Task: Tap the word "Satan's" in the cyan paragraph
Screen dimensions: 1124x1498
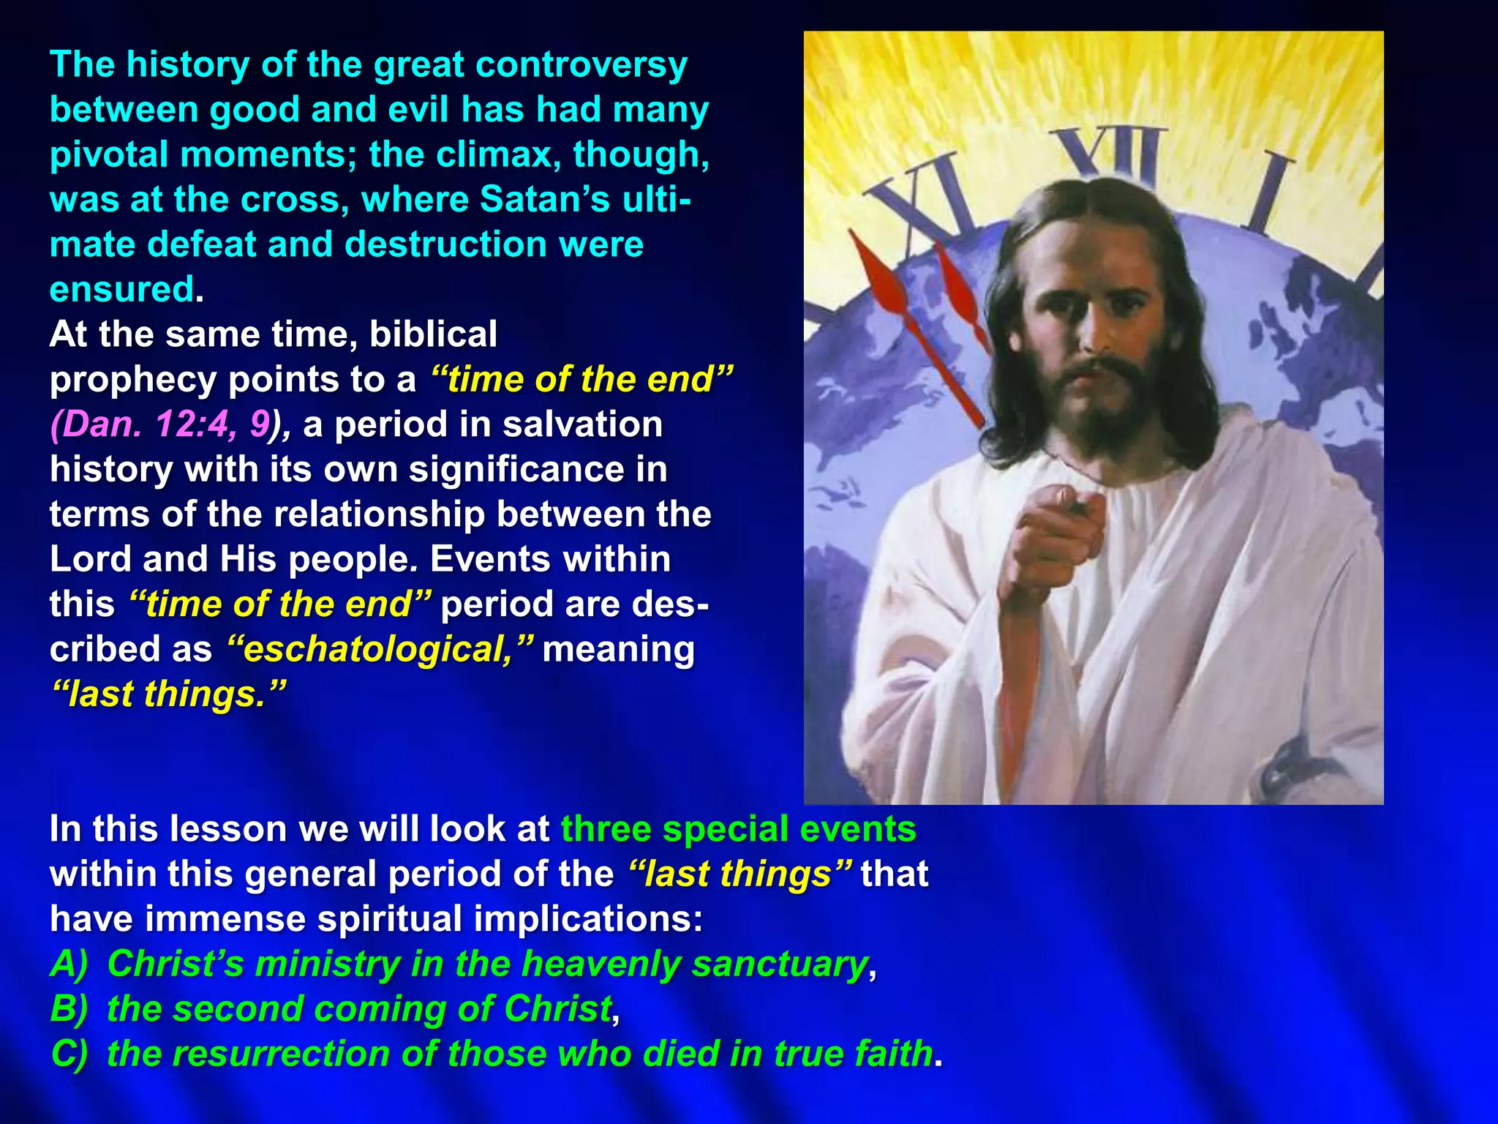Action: pos(544,200)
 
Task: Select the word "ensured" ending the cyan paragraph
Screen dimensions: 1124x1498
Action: pos(121,290)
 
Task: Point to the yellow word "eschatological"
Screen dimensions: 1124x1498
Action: pos(377,650)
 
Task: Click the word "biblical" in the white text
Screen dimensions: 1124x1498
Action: pos(433,334)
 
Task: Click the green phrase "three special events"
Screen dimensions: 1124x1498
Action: pos(738,830)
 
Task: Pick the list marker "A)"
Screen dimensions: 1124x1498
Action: pos(69,964)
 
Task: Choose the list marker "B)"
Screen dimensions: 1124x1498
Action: pos(69,1009)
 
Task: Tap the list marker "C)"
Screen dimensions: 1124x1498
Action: pos(69,1054)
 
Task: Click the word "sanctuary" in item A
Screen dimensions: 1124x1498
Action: pos(779,964)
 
